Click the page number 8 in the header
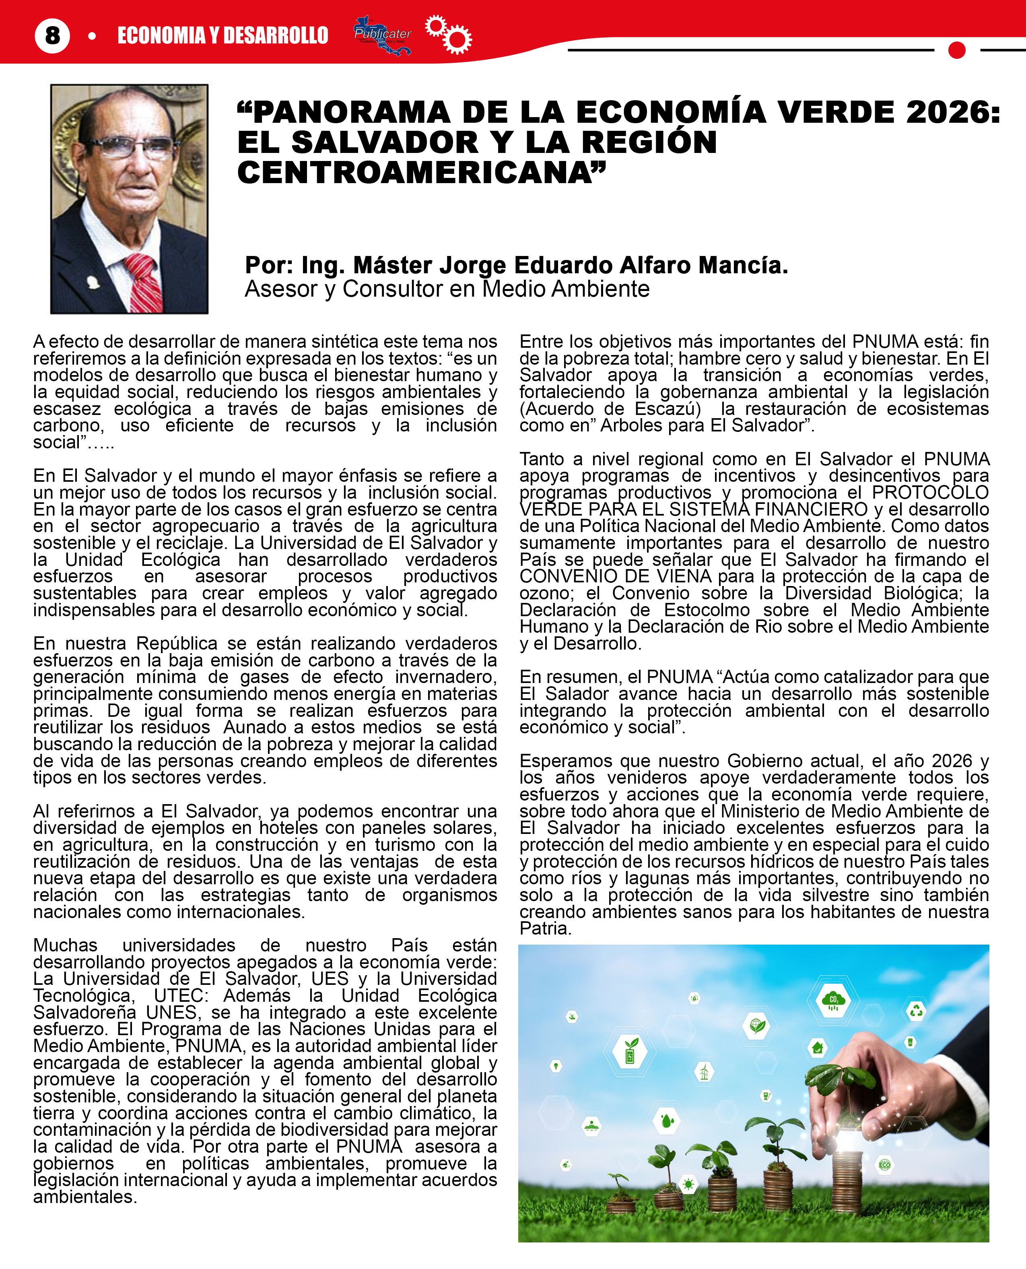click(x=52, y=35)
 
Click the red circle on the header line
click(x=956, y=50)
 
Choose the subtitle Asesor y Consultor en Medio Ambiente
click(x=447, y=289)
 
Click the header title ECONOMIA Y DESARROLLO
click(x=223, y=35)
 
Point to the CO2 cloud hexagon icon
click(x=833, y=1000)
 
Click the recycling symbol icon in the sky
click(x=916, y=1010)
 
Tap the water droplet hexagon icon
click(x=667, y=1120)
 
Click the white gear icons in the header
click(x=449, y=34)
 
